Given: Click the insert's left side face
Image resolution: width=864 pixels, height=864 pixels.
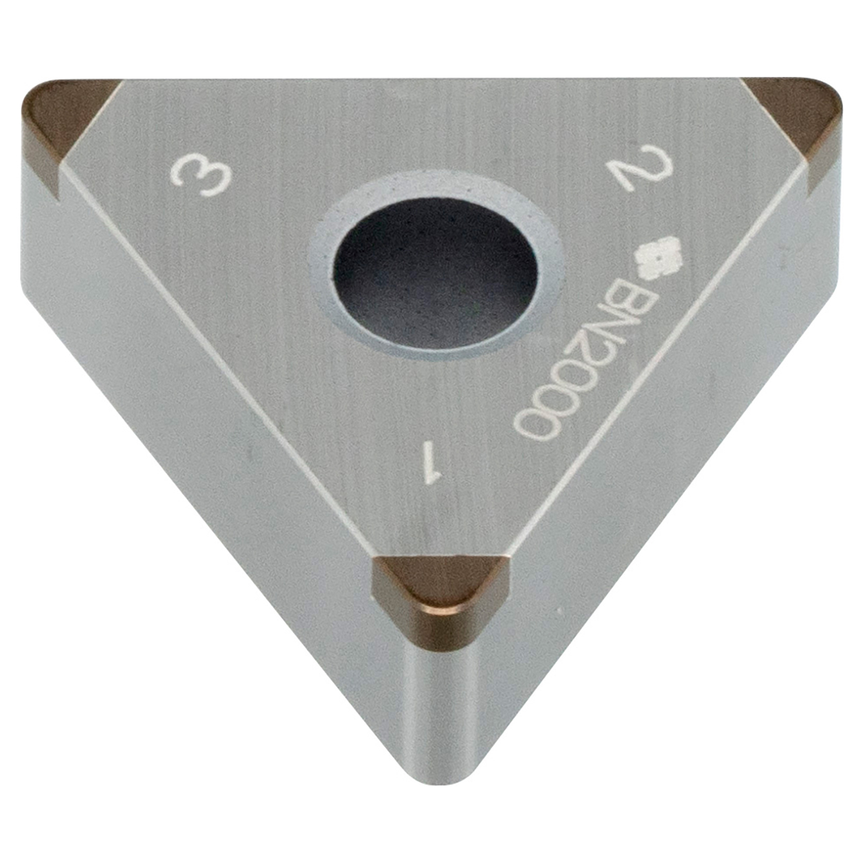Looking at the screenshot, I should coord(202,405).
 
